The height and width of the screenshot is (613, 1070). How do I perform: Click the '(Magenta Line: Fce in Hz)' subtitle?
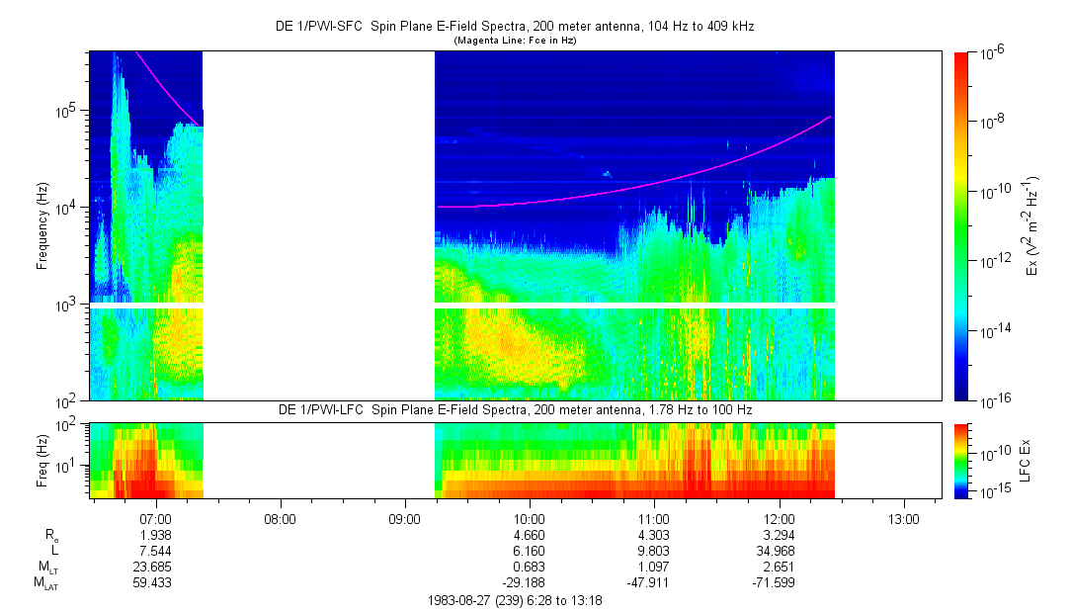(x=515, y=41)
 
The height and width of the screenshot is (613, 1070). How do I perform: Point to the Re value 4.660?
(x=530, y=535)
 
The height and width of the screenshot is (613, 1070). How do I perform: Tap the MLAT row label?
(x=45, y=584)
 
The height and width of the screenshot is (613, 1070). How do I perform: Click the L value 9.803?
(x=654, y=551)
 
